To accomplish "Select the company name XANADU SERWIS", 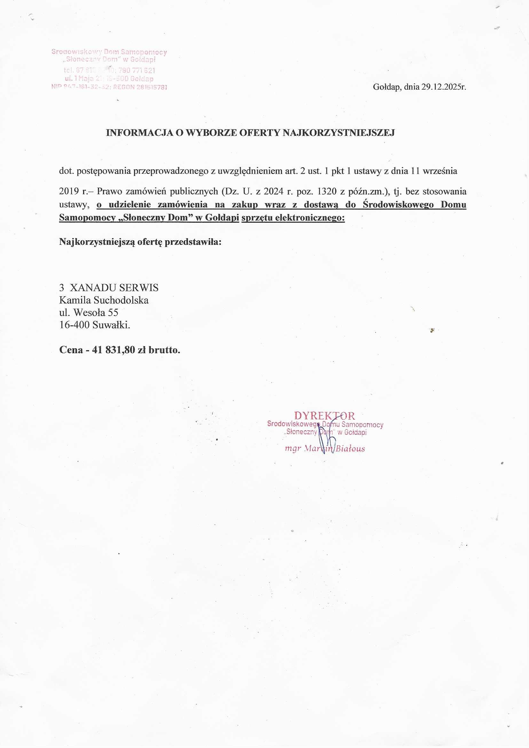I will tap(114, 288).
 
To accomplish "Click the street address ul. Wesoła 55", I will tap(89, 313).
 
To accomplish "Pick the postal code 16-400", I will tap(75, 325).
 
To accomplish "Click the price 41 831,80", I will tap(114, 350).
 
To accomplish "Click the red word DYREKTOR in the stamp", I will tap(324, 416).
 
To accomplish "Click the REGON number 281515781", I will tap(152, 87).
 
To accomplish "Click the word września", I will tap(440, 171).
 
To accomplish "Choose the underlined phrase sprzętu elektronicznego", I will tap(293, 218).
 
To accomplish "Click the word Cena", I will tap(71, 350).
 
